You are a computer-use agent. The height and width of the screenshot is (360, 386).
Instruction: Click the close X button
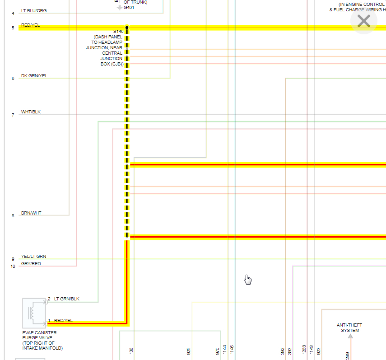click(x=363, y=21)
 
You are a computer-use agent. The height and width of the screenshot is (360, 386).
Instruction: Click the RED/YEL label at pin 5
click(x=30, y=25)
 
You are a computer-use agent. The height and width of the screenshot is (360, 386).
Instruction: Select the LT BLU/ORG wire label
click(x=34, y=10)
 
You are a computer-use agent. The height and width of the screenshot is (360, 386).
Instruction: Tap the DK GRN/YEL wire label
click(x=34, y=76)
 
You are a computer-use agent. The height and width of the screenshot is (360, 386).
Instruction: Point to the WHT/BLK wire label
click(x=31, y=112)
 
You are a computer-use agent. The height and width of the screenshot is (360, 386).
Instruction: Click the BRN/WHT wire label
click(x=31, y=213)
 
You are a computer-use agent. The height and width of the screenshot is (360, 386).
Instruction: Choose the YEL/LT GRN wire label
click(x=33, y=257)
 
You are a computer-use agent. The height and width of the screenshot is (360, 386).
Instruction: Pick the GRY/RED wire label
click(x=31, y=264)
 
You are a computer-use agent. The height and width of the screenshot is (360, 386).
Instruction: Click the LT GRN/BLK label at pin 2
click(x=66, y=299)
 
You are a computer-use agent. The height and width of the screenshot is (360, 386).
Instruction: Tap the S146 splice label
click(x=118, y=31)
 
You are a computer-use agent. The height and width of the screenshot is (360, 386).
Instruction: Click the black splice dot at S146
click(x=127, y=28)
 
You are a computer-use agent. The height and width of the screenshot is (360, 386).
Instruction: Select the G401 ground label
click(x=129, y=8)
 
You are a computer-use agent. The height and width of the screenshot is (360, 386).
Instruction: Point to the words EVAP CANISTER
click(x=40, y=333)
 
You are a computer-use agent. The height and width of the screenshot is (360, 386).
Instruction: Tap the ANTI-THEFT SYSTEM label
click(x=349, y=327)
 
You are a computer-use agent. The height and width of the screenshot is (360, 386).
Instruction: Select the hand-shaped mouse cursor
click(x=247, y=280)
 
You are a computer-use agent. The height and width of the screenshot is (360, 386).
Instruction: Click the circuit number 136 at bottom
click(x=131, y=351)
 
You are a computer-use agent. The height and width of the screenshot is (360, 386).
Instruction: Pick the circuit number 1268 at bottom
click(x=304, y=350)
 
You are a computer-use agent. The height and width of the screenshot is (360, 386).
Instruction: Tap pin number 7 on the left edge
click(x=13, y=115)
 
